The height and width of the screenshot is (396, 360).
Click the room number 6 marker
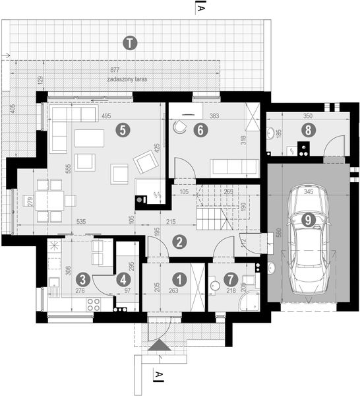202,131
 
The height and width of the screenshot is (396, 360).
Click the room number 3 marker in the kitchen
82,279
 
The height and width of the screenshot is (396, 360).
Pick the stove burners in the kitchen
94,304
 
